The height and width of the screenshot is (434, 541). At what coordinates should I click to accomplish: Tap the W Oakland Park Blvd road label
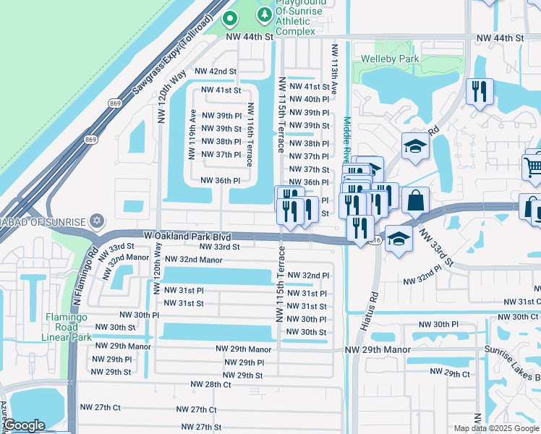coord(187,236)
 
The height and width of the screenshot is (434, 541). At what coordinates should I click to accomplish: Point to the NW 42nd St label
coord(216,72)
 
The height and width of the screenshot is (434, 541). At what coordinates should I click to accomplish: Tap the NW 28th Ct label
coord(210,385)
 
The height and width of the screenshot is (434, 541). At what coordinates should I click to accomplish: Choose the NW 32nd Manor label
coord(193,259)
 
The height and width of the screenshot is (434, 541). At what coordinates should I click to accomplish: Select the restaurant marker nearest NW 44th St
coord(480,91)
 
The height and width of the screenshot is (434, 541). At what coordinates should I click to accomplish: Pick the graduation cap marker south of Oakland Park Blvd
coord(399,237)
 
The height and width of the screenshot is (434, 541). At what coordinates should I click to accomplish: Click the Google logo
coord(25,426)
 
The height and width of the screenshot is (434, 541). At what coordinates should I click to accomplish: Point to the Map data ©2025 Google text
coord(495,428)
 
